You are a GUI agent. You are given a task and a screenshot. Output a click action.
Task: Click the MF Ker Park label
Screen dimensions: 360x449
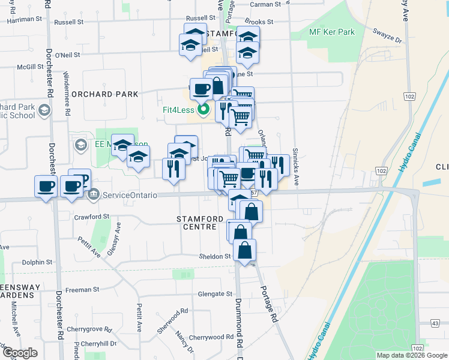click(331, 32)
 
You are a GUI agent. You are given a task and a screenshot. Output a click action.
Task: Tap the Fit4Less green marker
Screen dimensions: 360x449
click(203, 110)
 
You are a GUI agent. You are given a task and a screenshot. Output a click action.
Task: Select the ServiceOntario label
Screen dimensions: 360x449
click(130, 195)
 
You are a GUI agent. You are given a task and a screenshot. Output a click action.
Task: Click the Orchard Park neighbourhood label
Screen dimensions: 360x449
click(104, 94)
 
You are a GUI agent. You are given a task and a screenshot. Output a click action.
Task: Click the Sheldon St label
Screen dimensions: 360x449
click(215, 256)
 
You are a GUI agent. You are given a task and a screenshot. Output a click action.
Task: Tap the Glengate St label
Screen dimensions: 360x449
click(215, 294)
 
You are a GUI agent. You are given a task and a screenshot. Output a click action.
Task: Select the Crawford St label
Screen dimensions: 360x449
click(89, 216)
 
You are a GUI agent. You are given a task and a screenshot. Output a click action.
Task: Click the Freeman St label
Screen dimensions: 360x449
click(78, 290)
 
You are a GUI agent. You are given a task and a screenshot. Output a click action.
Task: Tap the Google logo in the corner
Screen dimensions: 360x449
click(20, 353)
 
